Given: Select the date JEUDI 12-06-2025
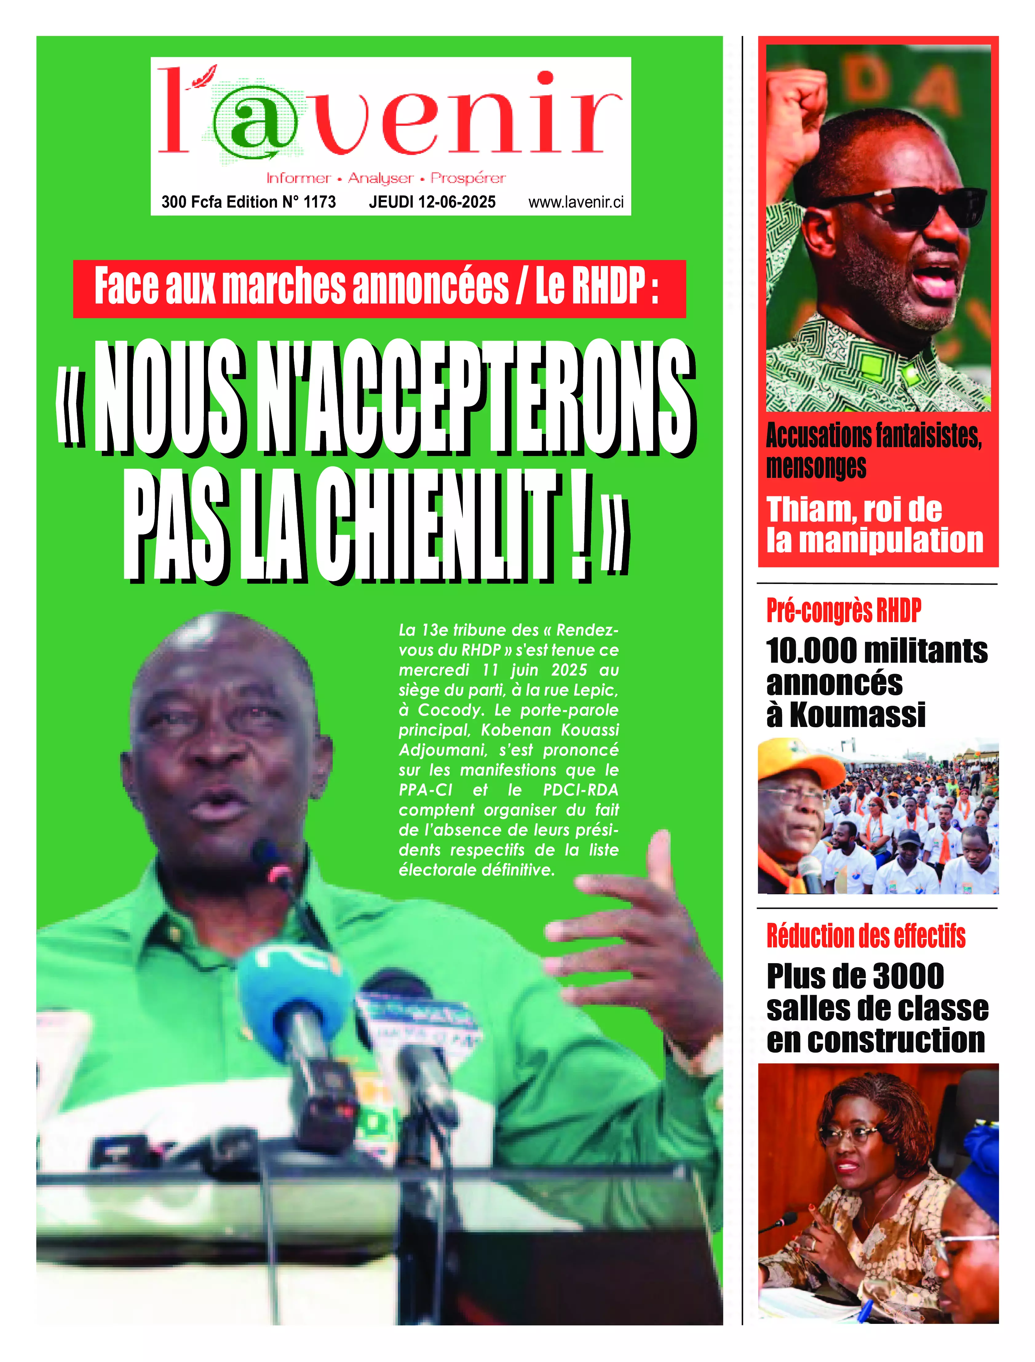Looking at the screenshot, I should (x=432, y=202).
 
